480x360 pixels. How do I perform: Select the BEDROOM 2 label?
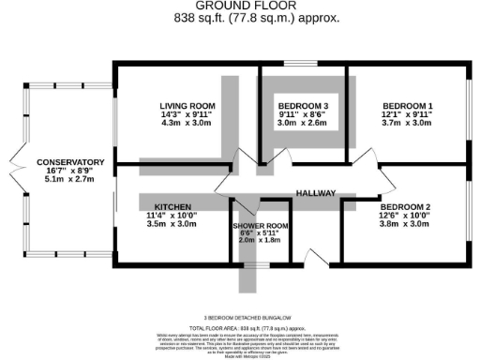pyautogui.click(x=405, y=205)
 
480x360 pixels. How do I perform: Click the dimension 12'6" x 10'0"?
pyautogui.click(x=405, y=215)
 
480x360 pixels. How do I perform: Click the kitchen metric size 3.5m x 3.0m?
pyautogui.click(x=172, y=224)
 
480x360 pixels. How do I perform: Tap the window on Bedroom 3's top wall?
pyautogui.click(x=303, y=65)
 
